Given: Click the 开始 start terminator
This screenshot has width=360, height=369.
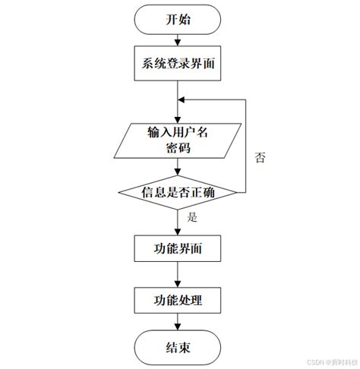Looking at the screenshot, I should pyautogui.click(x=179, y=20).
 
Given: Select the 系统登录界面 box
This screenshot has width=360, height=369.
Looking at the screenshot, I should pyautogui.click(x=179, y=64).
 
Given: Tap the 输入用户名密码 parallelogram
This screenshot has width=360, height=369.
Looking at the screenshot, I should pyautogui.click(x=179, y=140).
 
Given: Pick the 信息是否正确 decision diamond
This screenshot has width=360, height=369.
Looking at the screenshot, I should pyautogui.click(x=179, y=193).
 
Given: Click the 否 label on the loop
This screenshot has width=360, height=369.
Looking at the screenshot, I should pyautogui.click(x=261, y=158).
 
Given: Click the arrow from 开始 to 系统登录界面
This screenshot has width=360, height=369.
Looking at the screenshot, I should pyautogui.click(x=179, y=41).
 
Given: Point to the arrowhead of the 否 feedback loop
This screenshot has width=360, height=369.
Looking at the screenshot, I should pyautogui.click(x=184, y=100).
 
